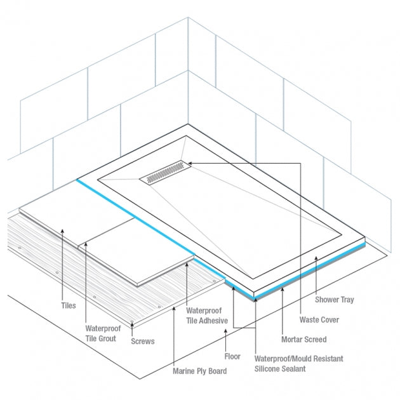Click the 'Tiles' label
(69, 305)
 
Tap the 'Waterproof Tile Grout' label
(103, 333)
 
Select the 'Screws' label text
(143, 341)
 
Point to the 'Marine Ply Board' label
(200, 371)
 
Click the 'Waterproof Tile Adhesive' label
(207, 316)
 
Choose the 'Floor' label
(232, 356)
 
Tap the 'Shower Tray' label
(335, 300)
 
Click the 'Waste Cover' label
(319, 319)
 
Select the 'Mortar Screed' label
(304, 339)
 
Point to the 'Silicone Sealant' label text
(280, 369)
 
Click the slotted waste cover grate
(165, 172)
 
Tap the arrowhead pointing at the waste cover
(190, 163)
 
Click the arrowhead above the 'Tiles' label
(62, 231)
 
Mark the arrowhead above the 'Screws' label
(132, 324)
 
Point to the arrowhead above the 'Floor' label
(225, 331)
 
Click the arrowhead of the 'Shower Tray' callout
(316, 258)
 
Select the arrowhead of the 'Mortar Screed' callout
(282, 290)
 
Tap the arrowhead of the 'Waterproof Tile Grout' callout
(86, 244)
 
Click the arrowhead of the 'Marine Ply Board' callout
(174, 309)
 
